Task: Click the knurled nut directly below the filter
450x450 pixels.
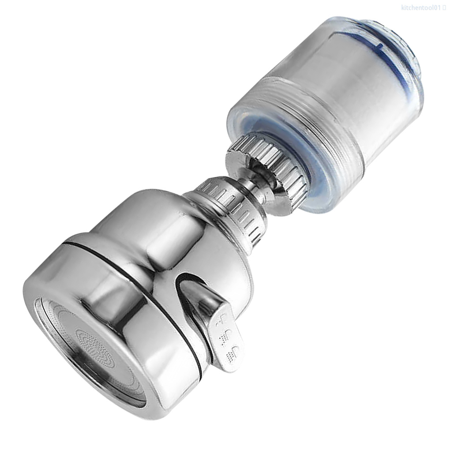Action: (x=265, y=163)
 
